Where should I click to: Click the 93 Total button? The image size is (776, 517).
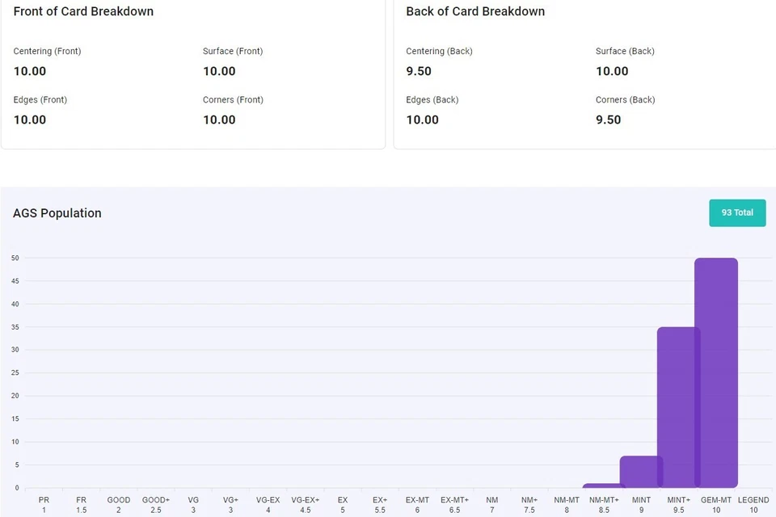pos(737,212)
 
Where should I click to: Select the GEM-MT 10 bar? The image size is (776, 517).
pos(717,372)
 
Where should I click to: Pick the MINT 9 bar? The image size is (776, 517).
pos(640,472)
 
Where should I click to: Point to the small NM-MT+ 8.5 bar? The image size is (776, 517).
pos(603,485)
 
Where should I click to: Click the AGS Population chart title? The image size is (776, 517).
pos(57,213)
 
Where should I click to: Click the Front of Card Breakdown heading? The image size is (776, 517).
pos(83,11)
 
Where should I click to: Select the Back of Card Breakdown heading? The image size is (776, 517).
pos(475,11)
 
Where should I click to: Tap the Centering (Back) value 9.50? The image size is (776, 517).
pos(419,71)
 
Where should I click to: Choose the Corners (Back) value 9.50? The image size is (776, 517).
pos(609,120)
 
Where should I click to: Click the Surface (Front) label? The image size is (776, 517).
pos(233,51)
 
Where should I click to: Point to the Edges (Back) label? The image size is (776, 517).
pos(432,99)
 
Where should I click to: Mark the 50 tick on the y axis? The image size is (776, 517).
pos(15,258)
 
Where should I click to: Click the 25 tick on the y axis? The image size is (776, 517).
pos(15,372)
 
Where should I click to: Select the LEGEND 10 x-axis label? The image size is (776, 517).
pos(753,505)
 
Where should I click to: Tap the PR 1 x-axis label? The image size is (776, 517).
pos(44,505)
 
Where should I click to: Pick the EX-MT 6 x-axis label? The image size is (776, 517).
pos(417,505)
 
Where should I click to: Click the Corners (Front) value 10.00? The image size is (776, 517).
pos(219,120)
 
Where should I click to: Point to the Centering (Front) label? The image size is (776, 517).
pos(47,51)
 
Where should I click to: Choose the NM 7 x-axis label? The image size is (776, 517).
pos(491,505)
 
